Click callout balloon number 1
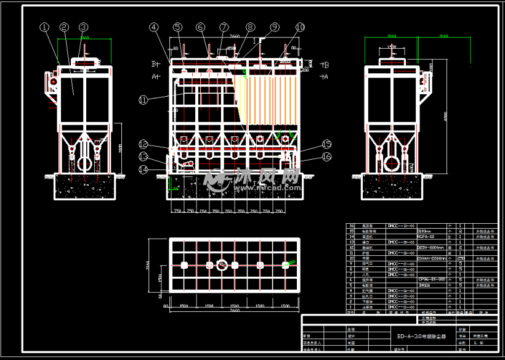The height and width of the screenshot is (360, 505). tap(44, 27)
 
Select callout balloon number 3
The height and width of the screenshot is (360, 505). tap(84, 27)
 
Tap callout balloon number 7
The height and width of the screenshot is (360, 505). tap(224, 27)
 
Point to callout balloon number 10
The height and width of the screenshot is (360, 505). tap(300, 27)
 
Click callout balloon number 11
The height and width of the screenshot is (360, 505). tap(143, 99)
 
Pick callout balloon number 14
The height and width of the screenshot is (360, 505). tap(143, 169)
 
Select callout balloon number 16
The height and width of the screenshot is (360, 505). tap(327, 157)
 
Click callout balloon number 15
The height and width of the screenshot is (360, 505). tap(327, 144)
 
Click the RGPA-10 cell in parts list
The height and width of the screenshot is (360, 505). tap(427, 236)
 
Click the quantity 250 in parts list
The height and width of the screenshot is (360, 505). tap(461, 258)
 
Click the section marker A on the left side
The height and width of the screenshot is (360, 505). tap(155, 76)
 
